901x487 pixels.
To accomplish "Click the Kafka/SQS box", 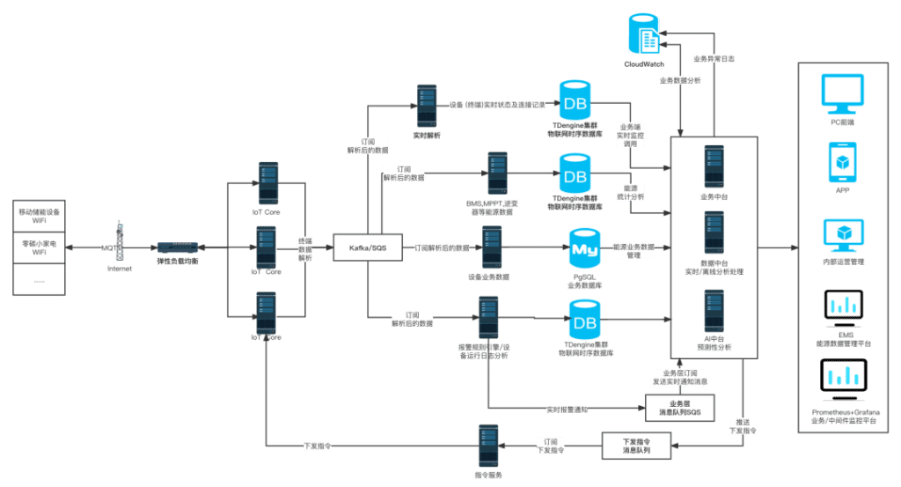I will coord(368,248).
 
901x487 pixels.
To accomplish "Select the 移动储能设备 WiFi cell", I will coord(40,217).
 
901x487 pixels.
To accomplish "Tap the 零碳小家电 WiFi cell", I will coord(40,248).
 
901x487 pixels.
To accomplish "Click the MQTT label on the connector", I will coord(110,248).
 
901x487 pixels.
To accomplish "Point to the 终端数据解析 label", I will coord(305,248).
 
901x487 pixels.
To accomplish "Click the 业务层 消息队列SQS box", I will coord(679,408).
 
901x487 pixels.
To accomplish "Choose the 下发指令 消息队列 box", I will coord(636,445).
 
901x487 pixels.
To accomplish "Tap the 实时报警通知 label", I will coord(567,409).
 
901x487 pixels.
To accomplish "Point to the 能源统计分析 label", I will coord(630,192).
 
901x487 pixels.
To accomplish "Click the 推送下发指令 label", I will coord(743,426).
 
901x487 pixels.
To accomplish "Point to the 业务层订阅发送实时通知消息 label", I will coord(680,376).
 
